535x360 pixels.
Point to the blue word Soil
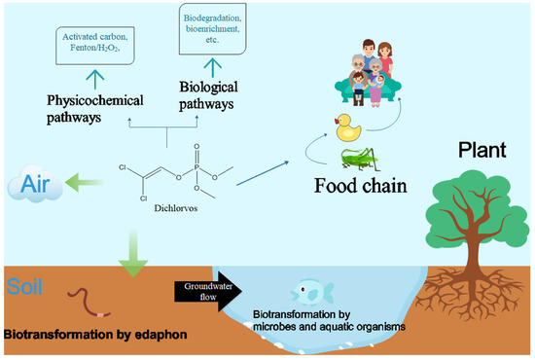pos(21,288)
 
